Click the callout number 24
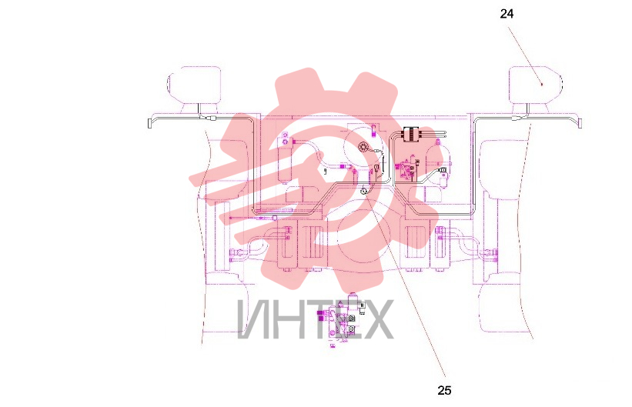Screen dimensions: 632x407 507,14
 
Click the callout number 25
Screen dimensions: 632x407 444,390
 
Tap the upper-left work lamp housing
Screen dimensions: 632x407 194,85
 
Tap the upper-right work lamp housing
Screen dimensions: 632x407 535,85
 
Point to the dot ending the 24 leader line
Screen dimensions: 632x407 542,85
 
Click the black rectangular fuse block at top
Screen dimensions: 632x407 411,134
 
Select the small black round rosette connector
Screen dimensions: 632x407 362,147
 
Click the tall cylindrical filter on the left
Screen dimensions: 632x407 285,160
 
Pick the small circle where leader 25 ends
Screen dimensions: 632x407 363,191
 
